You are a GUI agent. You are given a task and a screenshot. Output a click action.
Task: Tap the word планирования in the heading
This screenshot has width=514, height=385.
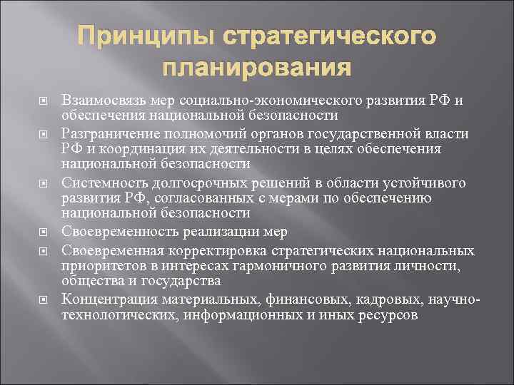(x=257, y=68)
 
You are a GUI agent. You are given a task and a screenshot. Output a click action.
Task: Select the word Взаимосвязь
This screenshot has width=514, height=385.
(x=103, y=100)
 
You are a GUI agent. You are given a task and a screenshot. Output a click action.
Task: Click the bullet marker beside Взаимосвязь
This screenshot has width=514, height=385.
(x=41, y=101)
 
